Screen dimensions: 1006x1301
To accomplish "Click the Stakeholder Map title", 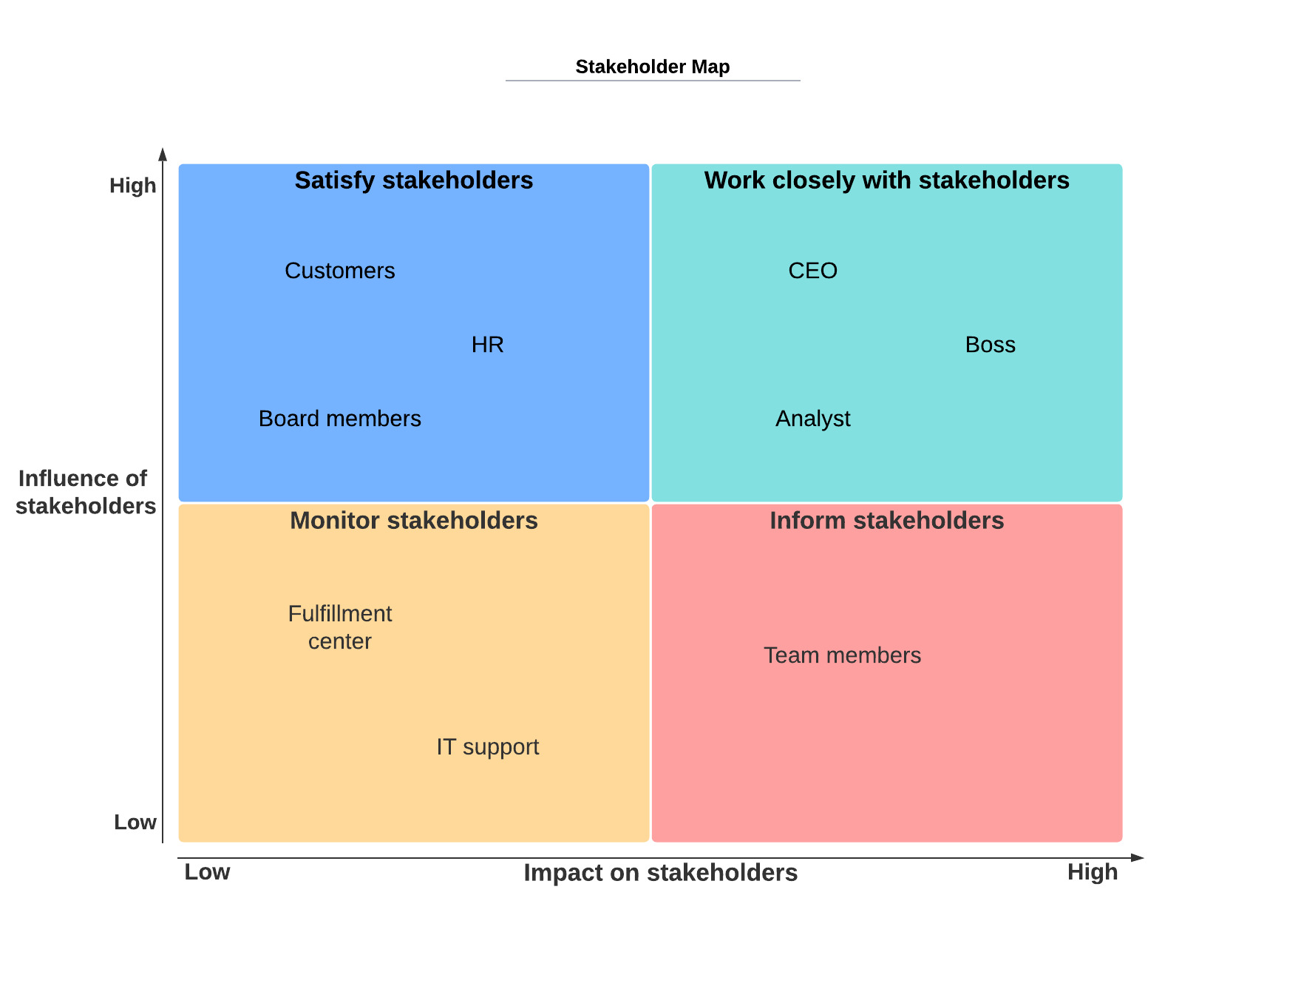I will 652,67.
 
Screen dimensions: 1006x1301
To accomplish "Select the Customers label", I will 339,271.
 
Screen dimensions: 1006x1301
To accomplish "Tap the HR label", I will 487,345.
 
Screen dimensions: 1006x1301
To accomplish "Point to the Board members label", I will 339,419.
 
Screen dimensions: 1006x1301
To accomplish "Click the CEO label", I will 812,271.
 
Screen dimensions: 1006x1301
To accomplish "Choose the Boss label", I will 990,345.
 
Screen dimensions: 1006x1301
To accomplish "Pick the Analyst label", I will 812,419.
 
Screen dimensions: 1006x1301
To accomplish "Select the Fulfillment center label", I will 339,627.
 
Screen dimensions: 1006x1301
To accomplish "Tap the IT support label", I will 487,747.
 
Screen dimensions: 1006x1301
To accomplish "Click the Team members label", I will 842,655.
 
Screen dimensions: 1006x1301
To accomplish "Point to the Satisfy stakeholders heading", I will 413,180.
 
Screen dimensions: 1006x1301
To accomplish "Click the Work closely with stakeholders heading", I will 886,180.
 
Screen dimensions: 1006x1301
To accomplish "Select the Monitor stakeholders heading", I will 413,521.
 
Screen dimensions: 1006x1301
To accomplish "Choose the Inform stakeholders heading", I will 886,521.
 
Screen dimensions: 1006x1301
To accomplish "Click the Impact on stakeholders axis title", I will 660,873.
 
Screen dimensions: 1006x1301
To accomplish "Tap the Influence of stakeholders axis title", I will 85,492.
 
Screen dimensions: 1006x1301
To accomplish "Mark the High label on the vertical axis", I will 132,186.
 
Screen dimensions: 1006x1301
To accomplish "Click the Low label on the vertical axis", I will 135,822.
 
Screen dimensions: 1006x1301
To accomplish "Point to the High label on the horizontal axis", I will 1092,872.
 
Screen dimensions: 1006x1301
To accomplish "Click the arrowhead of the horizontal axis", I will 1138,858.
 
